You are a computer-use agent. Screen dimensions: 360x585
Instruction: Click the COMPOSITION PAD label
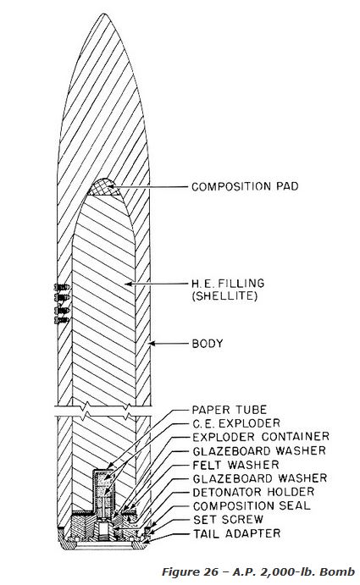[245, 186]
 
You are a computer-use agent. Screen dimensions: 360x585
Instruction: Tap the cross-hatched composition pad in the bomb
[104, 188]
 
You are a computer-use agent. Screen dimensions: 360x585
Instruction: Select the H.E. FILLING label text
[228, 283]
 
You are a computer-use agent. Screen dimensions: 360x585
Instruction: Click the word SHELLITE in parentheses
[224, 296]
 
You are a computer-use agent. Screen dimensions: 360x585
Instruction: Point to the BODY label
[208, 343]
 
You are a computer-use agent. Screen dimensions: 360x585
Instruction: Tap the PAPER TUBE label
[230, 410]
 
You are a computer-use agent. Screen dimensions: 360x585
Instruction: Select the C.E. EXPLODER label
[236, 423]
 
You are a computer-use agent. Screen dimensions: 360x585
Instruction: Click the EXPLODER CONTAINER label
[261, 437]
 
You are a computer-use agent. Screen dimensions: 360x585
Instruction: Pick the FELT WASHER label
[235, 465]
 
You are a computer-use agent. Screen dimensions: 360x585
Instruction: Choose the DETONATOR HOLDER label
[253, 492]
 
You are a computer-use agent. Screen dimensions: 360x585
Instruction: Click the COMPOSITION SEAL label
[252, 506]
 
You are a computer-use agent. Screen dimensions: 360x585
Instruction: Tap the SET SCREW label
[228, 519]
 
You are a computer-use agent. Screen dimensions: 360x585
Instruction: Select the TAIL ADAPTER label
[236, 533]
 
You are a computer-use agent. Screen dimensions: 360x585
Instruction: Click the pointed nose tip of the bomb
[104, 14]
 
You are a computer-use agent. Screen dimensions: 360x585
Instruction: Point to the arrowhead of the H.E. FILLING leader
[128, 284]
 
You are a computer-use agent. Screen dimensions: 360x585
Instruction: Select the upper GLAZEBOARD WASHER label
[259, 450]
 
